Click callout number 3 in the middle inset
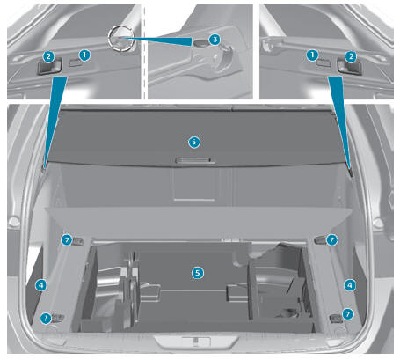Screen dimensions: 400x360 click(215, 39)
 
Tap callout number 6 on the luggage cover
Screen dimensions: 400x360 click(194, 142)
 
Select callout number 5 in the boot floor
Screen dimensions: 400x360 click(198, 273)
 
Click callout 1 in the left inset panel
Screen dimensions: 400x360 click(84, 55)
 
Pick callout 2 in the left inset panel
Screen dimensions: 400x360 click(48, 57)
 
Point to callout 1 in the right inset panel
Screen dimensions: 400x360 click(313, 55)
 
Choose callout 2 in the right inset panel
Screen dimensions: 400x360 click(351, 56)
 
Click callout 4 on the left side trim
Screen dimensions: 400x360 click(41, 284)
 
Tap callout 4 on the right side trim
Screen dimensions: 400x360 click(350, 285)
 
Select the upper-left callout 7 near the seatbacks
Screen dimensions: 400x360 click(67, 239)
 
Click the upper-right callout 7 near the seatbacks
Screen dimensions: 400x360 click(331, 239)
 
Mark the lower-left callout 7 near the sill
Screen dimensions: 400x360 click(46, 318)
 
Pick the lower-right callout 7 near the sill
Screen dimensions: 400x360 click(348, 314)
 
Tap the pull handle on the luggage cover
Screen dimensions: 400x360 click(194, 160)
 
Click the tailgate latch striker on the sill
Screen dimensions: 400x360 click(196, 342)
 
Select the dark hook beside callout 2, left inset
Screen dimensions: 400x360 click(49, 67)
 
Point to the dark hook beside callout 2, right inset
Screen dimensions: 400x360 click(349, 66)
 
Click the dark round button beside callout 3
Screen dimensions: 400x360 click(200, 43)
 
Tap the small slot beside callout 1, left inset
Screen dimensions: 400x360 click(76, 62)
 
